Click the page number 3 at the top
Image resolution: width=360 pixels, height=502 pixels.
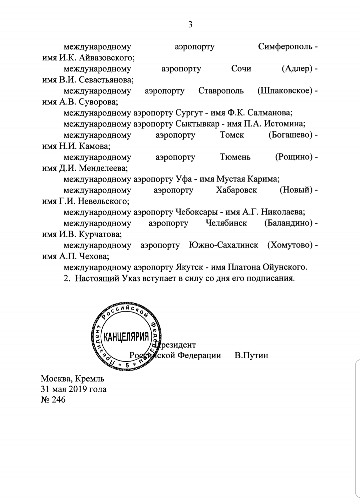pos(190,24)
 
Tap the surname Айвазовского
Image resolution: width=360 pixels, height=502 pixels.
pos(106,58)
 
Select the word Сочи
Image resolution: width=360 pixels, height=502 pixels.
pos(241,69)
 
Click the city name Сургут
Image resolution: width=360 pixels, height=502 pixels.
pos(189,113)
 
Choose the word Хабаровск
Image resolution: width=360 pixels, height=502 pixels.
pos(236,190)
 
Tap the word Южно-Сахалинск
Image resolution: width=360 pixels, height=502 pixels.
pos(223,245)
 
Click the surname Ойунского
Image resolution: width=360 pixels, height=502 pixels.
pos(284,267)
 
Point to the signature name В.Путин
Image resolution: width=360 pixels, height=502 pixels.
pos(251,355)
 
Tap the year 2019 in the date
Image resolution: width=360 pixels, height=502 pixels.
pos(78,389)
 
